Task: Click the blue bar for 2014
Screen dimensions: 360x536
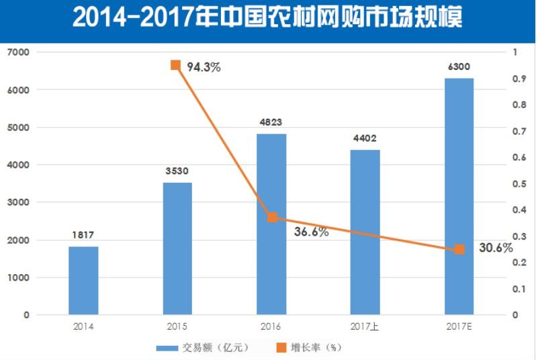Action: pyautogui.click(x=83, y=280)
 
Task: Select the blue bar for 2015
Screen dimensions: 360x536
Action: pyautogui.click(x=177, y=248)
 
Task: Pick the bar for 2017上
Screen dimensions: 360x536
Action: pyautogui.click(x=365, y=232)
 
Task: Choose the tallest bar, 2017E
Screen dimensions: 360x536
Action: pyautogui.click(x=459, y=196)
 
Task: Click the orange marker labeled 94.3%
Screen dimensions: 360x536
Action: pyautogui.click(x=176, y=65)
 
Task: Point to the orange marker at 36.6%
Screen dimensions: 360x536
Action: pyautogui.click(x=272, y=217)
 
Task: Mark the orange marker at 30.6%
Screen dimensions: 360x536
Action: pyautogui.click(x=459, y=249)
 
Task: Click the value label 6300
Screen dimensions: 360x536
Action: pyautogui.click(x=459, y=66)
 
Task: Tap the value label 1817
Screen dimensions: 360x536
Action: pyautogui.click(x=83, y=235)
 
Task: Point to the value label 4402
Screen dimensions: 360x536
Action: pyautogui.click(x=365, y=138)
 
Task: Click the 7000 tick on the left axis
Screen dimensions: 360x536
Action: pyautogui.click(x=17, y=52)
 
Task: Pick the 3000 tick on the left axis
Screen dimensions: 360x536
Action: pyautogui.click(x=17, y=202)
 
